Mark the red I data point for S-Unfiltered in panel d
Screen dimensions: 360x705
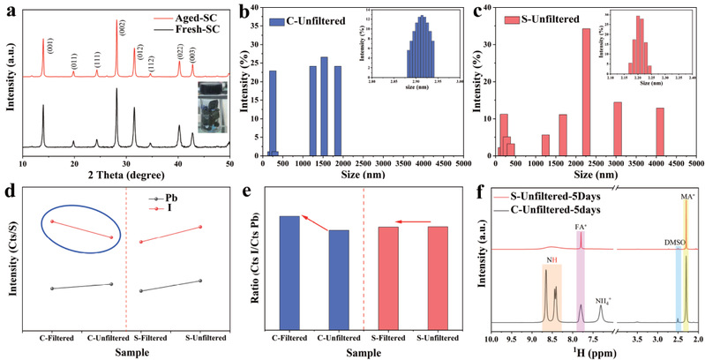click(x=201, y=227)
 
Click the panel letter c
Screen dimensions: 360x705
click(x=477, y=11)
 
